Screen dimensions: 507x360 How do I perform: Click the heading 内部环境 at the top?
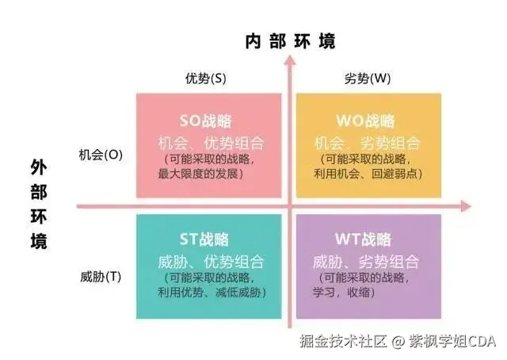tap(291, 41)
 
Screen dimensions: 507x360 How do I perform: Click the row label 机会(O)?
tap(101, 155)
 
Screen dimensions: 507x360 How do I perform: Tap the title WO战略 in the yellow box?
tap(365, 121)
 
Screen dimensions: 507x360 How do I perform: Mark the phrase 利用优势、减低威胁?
tap(209, 292)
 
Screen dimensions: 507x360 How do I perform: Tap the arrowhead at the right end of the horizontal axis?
tap(467, 207)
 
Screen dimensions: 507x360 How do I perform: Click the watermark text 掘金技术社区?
tap(342, 342)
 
